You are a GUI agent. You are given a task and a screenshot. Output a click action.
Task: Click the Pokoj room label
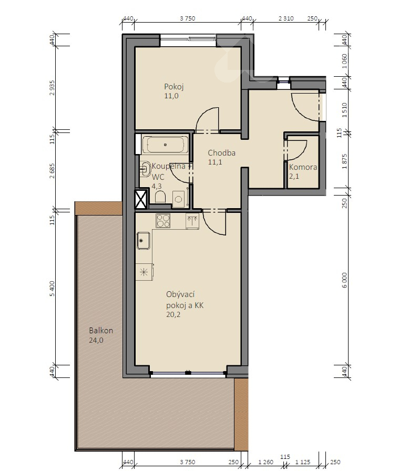174,87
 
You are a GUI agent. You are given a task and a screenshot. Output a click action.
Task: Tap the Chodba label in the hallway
222,153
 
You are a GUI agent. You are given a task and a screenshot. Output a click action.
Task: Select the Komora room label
303,167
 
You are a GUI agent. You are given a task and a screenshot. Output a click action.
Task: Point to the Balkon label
101,331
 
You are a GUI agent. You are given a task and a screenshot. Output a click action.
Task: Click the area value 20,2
173,315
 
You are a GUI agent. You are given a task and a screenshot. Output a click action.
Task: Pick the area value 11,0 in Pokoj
171,96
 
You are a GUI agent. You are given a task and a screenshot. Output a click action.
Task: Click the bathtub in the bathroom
165,145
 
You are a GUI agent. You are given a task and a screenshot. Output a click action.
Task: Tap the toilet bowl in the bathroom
160,197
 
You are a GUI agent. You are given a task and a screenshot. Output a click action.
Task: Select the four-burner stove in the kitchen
163,221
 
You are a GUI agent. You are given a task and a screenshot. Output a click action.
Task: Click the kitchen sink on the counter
144,241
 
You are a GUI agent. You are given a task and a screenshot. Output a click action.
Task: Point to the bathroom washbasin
145,168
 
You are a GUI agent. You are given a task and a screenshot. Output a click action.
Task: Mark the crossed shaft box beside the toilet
141,199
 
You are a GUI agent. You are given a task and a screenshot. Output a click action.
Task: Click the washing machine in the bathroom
179,199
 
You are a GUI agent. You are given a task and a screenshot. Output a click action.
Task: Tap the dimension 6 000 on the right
344,280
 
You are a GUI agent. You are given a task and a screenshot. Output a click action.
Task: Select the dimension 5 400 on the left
52,289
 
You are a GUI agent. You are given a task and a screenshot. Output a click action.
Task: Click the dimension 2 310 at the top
286,18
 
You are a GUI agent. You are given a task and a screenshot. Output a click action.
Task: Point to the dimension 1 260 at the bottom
266,462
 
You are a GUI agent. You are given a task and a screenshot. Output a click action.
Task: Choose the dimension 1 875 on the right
344,161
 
